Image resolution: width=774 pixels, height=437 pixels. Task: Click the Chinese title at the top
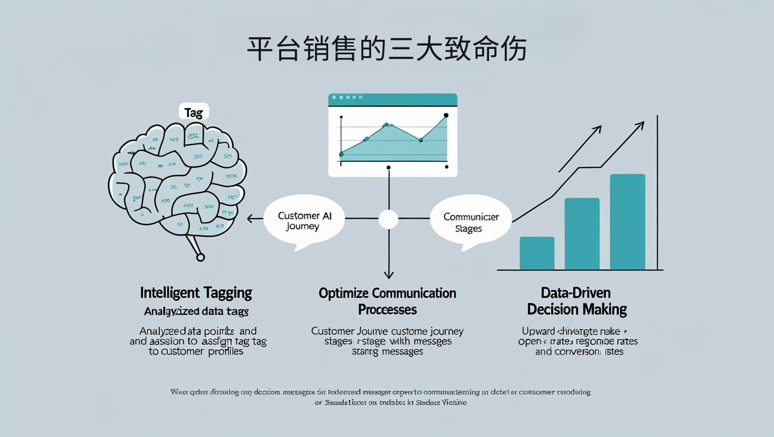386,49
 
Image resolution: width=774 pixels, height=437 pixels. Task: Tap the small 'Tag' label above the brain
193,112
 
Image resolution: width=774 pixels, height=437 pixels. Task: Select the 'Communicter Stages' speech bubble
470,222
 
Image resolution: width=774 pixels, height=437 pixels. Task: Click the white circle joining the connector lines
389,219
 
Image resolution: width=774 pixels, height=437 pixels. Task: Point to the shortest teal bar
537,253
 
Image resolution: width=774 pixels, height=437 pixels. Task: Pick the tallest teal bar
627,222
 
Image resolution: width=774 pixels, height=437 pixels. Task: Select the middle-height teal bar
582,234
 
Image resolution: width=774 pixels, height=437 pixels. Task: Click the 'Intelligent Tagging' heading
196,293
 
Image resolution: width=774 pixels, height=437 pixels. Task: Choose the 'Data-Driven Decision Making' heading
577,301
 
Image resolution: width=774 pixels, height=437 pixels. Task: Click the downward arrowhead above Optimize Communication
389,274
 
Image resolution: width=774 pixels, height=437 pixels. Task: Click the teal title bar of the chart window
393,99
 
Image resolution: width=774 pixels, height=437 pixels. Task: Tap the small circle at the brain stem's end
200,257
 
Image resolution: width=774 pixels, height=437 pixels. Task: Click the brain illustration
177,179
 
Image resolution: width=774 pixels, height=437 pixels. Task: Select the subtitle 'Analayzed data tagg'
196,311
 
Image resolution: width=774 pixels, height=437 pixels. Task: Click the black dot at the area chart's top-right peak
446,115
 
